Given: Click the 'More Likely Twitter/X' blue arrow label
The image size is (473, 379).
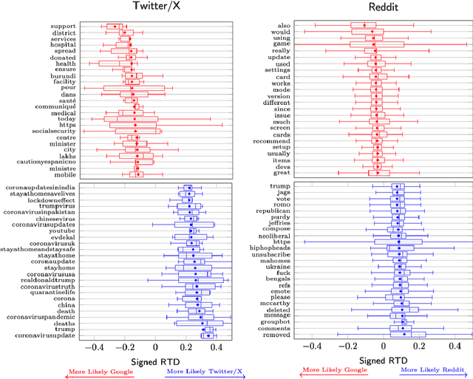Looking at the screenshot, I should pyautogui.click(x=194, y=372).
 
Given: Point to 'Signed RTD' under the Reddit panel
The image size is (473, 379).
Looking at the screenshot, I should pyautogui.click(x=384, y=361).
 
